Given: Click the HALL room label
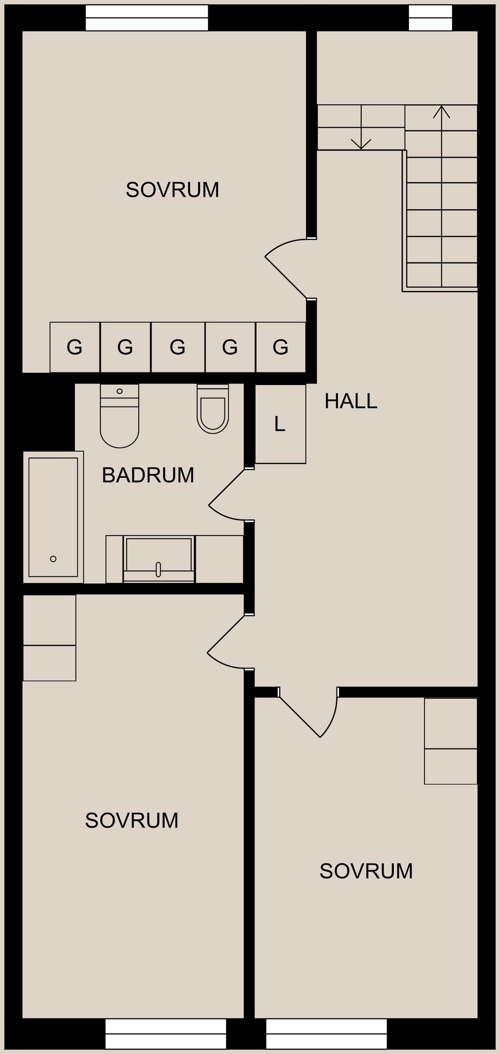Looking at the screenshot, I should pyautogui.click(x=351, y=401).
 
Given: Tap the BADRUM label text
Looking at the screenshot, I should pyautogui.click(x=148, y=475).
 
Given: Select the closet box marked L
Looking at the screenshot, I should pyautogui.click(x=280, y=424).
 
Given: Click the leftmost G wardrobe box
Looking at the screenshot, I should pyautogui.click(x=74, y=347).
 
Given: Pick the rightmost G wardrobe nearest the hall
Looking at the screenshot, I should pyautogui.click(x=280, y=347).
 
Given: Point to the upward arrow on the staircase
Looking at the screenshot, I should pyautogui.click(x=442, y=112).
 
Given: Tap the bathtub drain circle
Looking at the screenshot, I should pyautogui.click(x=53, y=558).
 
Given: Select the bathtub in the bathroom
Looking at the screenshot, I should pyautogui.click(x=53, y=516).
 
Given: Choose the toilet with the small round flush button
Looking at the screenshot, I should pyautogui.click(x=119, y=416).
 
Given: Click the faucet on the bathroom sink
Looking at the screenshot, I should pyautogui.click(x=158, y=569).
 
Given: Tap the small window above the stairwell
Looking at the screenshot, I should pyautogui.click(x=430, y=18).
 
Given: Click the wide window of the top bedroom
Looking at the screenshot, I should pyautogui.click(x=147, y=18).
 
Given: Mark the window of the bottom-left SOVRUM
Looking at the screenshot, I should pyautogui.click(x=166, y=1034).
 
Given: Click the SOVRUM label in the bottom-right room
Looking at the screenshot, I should pyautogui.click(x=366, y=871).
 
